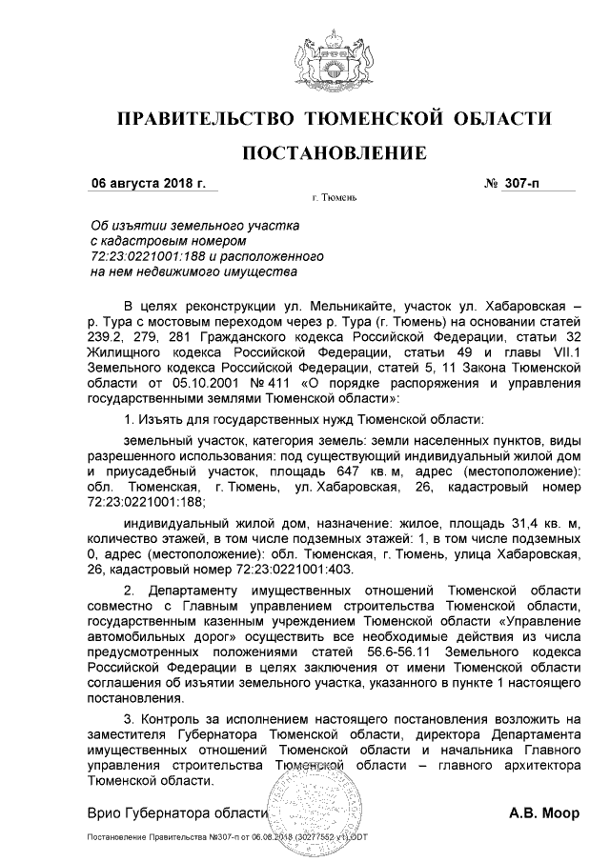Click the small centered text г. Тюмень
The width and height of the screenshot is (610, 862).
334,199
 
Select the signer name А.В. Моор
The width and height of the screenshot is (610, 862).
543,814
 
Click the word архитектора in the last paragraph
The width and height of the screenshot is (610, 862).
537,765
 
